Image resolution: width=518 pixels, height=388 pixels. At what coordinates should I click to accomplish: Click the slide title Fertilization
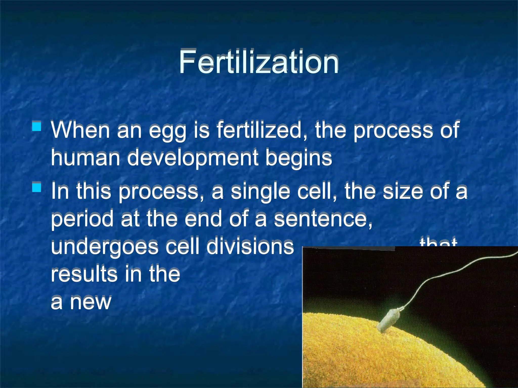click(258, 62)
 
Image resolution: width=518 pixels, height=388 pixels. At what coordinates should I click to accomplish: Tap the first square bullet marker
click(37, 126)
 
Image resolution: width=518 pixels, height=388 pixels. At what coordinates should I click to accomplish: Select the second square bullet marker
click(37, 188)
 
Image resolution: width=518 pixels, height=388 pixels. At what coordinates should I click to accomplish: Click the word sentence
click(323, 219)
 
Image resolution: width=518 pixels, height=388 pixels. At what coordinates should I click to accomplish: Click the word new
click(91, 302)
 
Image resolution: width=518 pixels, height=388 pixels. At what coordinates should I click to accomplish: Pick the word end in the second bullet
click(203, 219)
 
